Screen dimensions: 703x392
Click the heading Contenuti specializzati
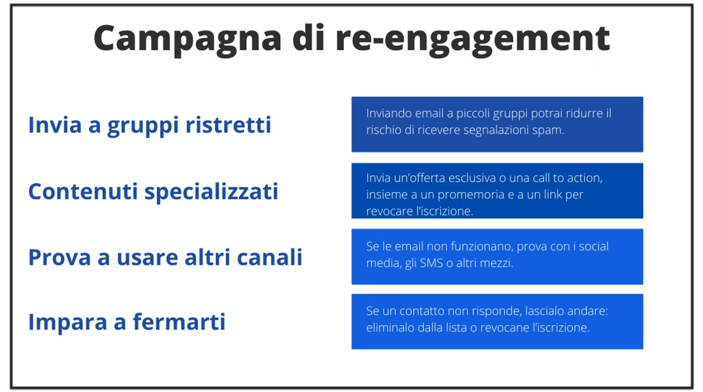pyautogui.click(x=153, y=192)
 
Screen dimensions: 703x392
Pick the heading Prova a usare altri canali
pyautogui.click(x=165, y=258)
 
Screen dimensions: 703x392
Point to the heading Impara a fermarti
pyautogui.click(x=127, y=322)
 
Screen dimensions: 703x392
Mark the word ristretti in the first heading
pyautogui.click(x=228, y=125)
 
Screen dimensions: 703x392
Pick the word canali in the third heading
pyautogui.click(x=270, y=258)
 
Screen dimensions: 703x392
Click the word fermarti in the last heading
pyautogui.click(x=179, y=322)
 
